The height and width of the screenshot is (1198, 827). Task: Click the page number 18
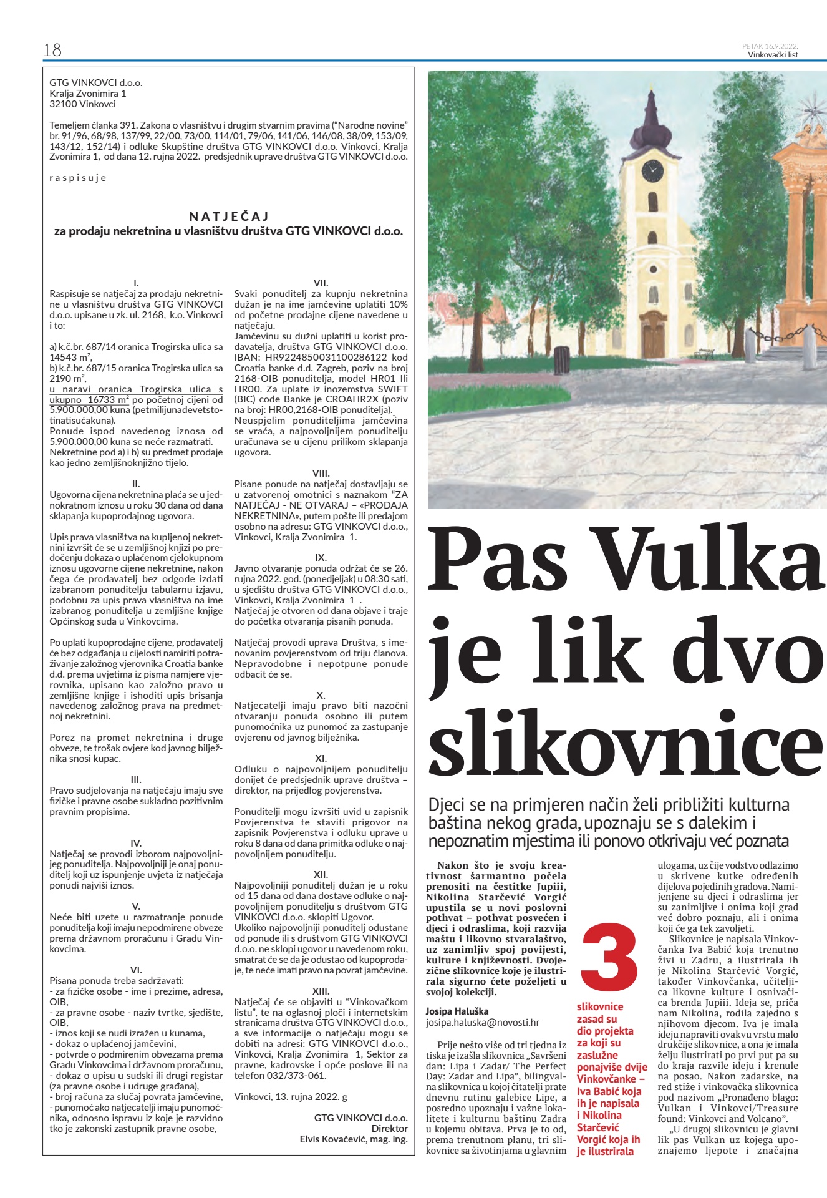(x=52, y=50)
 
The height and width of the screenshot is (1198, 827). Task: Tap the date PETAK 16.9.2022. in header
(x=770, y=46)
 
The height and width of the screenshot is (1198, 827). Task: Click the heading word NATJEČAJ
(x=229, y=217)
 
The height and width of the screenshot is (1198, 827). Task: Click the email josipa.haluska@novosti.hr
(x=482, y=1023)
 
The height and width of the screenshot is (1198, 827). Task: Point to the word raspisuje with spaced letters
(x=78, y=178)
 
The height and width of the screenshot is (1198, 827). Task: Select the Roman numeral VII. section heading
(x=321, y=283)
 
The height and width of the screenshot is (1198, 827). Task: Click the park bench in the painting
(x=704, y=354)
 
